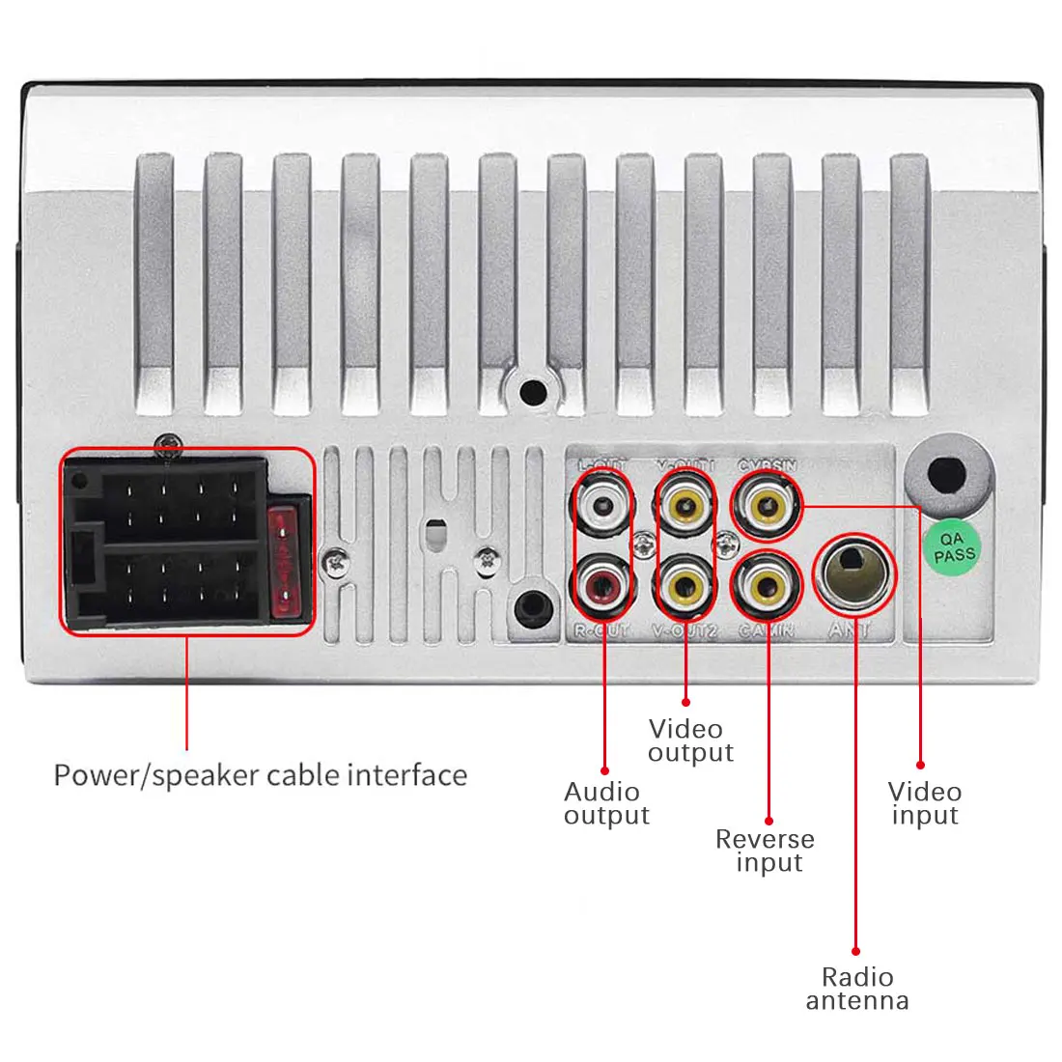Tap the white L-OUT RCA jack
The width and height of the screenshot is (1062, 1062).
(x=601, y=504)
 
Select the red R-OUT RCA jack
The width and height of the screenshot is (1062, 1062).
(x=601, y=584)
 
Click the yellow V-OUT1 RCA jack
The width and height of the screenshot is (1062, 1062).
(x=685, y=504)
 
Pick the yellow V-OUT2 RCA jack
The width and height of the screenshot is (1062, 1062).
(x=685, y=583)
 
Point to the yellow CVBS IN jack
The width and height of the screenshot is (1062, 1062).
(x=767, y=503)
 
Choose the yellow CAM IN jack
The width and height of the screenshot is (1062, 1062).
(x=767, y=583)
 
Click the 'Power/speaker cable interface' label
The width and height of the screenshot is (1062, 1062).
(x=260, y=775)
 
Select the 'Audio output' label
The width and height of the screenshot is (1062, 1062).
(x=606, y=803)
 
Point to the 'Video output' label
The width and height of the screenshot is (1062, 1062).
(x=690, y=741)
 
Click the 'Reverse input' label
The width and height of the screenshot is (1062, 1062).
(x=766, y=851)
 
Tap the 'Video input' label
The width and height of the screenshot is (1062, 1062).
(x=924, y=803)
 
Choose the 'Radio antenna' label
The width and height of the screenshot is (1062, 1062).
(x=857, y=989)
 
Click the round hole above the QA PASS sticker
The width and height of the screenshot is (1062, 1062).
(x=948, y=473)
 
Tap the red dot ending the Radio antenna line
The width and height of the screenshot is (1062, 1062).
(x=856, y=951)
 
